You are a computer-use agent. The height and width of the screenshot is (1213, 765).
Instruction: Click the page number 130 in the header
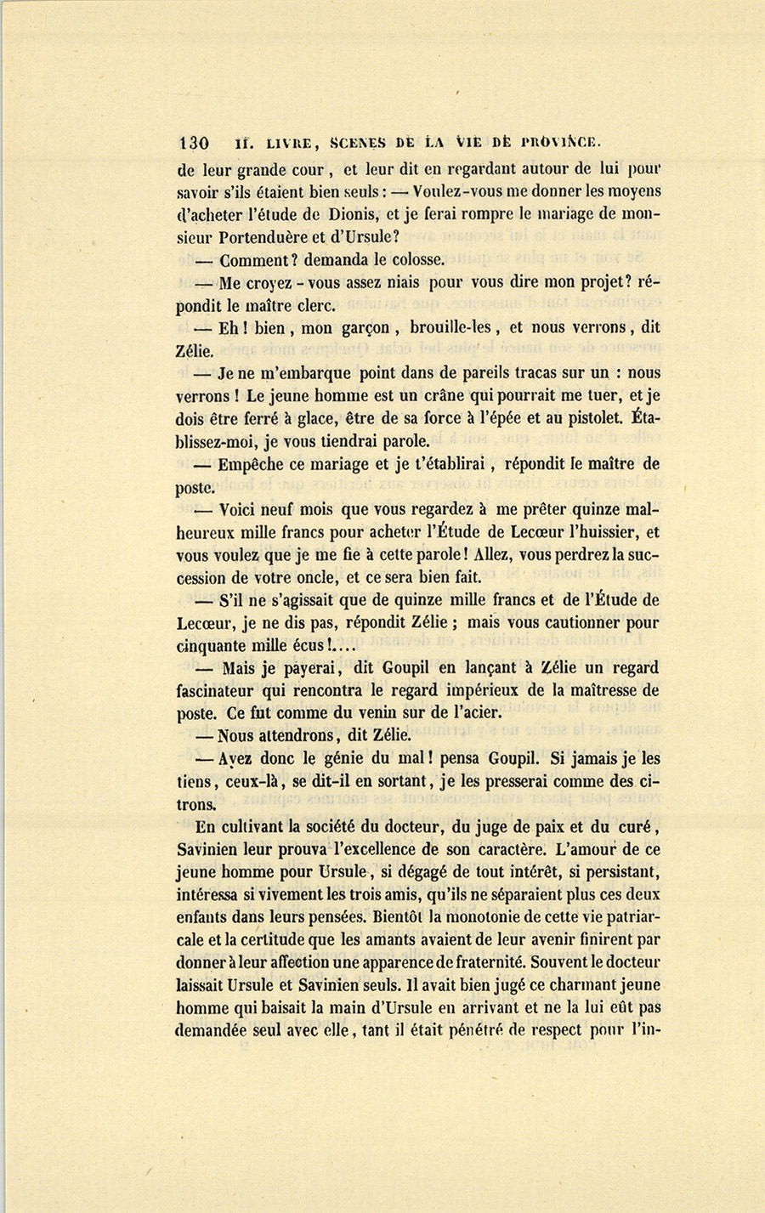[194, 143]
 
